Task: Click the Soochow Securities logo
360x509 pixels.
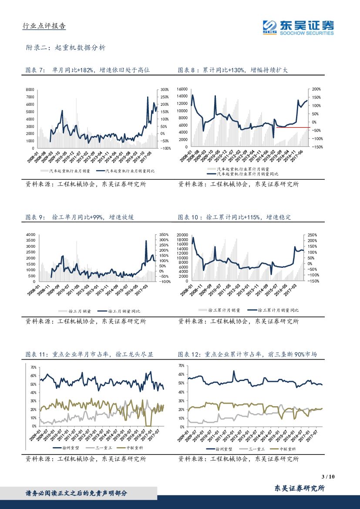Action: pos(299,27)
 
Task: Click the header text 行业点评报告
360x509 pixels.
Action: pos(44,26)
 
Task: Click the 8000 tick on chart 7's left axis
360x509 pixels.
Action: pos(30,90)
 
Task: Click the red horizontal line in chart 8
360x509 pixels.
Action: pos(293,128)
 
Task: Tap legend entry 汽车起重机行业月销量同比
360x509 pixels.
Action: pos(127,171)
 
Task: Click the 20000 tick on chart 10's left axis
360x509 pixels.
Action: pos(182,235)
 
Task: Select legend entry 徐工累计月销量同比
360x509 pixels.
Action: pos(278,310)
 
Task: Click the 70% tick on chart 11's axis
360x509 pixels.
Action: pos(33,367)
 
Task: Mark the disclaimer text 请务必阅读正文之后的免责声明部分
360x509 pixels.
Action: pos(77,493)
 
